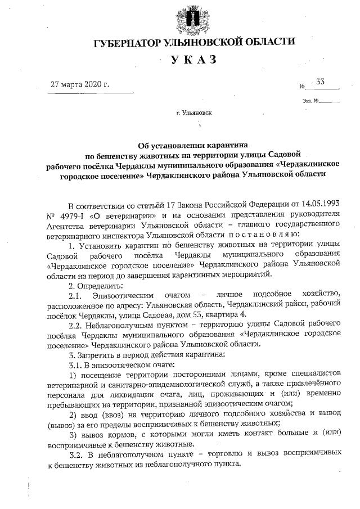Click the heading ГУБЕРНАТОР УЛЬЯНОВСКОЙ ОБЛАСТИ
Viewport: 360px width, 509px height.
[194, 43]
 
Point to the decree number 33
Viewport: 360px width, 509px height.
[321, 82]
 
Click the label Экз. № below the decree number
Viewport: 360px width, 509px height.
[310, 101]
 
